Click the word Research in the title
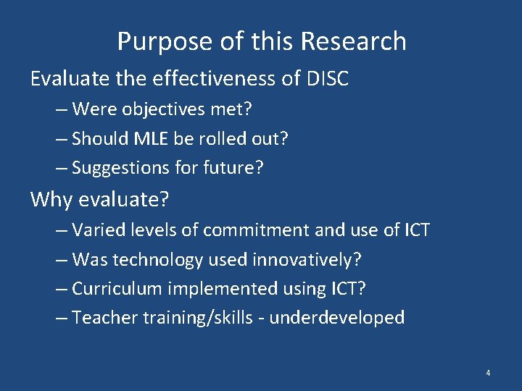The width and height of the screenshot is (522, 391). [x=353, y=41]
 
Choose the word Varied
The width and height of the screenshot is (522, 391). [x=99, y=230]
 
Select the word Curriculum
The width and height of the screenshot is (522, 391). [x=119, y=288]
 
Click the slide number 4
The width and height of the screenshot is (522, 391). [x=488, y=373]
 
